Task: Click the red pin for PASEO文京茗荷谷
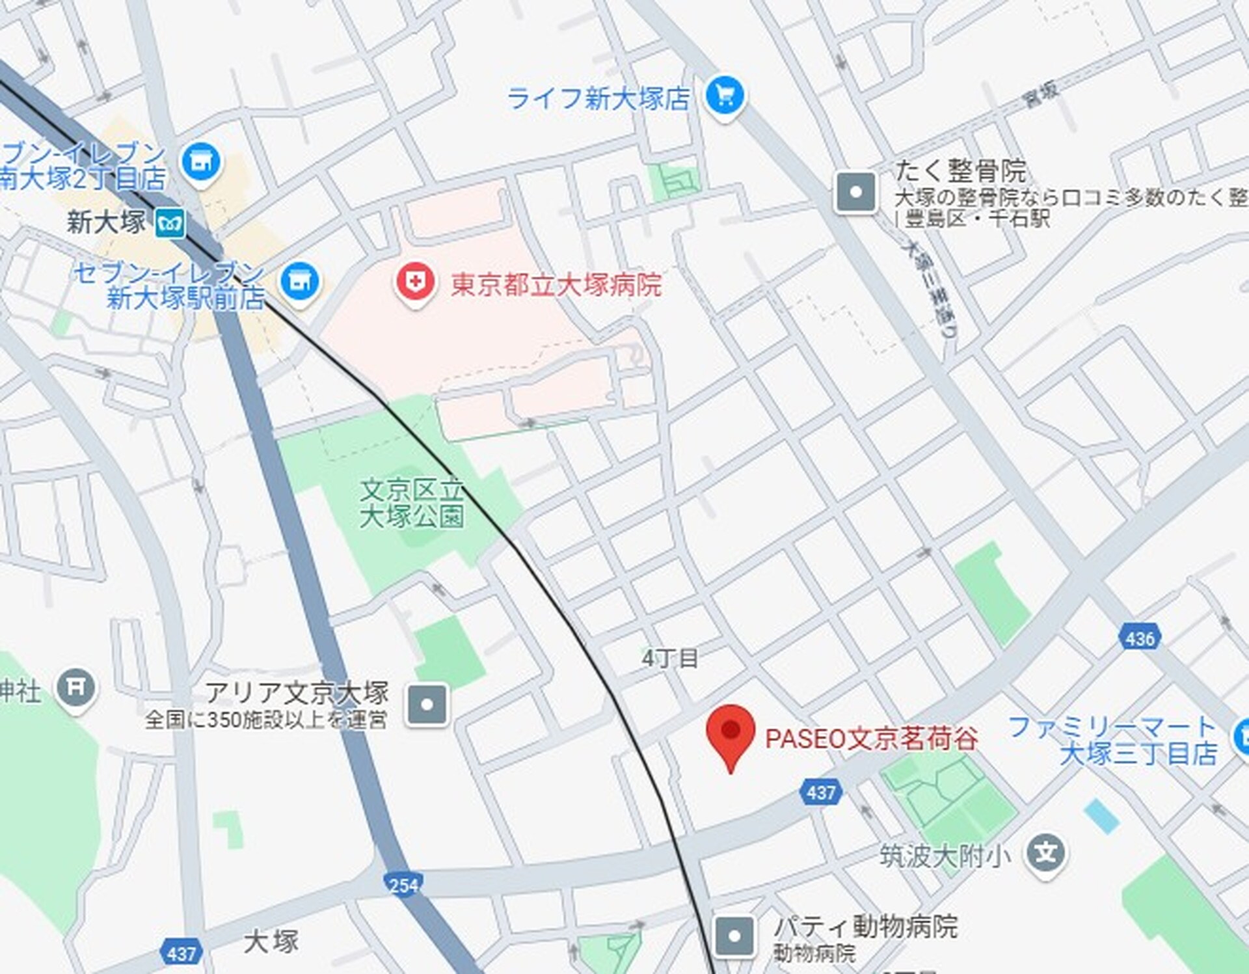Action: (730, 732)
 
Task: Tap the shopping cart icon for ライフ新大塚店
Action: (724, 96)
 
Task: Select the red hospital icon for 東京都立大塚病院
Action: (415, 282)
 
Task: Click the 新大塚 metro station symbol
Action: (170, 223)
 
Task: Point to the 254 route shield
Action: (403, 885)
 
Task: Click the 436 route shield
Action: (1140, 638)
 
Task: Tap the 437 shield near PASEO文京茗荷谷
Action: (820, 792)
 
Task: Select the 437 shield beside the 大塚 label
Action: (181, 953)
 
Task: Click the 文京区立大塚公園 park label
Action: (412, 504)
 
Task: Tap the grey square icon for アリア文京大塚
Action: (427, 705)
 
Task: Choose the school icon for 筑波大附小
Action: (1045, 853)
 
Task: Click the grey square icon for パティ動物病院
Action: (734, 936)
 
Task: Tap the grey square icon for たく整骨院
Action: (855, 192)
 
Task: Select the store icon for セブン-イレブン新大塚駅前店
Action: (300, 281)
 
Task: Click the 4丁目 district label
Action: (670, 658)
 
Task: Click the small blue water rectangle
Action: (1102, 817)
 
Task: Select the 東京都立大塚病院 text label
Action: (556, 285)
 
